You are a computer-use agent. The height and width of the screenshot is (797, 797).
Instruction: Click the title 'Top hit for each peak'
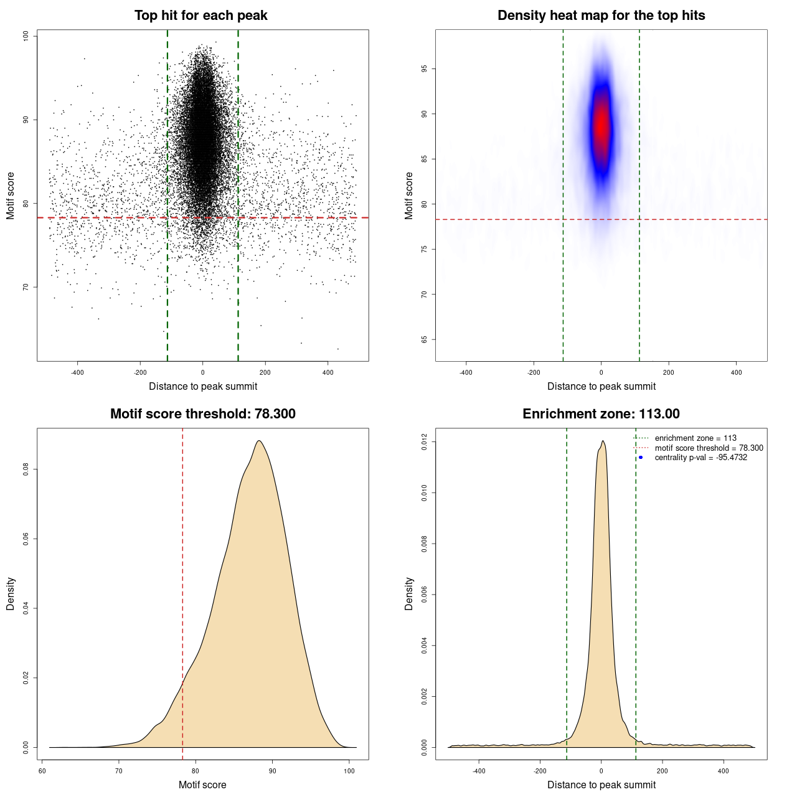point(201,16)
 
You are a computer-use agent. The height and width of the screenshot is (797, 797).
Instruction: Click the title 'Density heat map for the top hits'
point(601,16)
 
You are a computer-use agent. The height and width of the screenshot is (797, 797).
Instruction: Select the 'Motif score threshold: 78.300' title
point(202,414)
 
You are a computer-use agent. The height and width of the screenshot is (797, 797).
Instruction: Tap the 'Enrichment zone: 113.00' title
point(601,414)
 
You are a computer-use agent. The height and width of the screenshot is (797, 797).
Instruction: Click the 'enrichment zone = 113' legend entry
point(696,438)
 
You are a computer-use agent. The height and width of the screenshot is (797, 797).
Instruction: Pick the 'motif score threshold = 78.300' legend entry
point(709,448)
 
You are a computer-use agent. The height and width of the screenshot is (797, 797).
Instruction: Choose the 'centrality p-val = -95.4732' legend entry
point(700,458)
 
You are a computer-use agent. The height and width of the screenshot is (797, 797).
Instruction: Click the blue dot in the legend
point(641,458)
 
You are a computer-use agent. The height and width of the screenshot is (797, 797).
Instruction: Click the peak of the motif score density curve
point(258,441)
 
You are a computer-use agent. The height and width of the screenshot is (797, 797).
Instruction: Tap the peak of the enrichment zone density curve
point(603,441)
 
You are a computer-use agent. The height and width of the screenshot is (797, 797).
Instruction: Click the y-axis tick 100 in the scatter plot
point(26,36)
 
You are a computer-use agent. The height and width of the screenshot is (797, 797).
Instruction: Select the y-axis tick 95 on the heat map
point(425,69)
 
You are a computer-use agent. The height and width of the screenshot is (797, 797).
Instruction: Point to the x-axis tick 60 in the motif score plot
point(42,771)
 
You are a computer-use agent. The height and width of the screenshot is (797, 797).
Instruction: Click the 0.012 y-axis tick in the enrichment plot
point(425,442)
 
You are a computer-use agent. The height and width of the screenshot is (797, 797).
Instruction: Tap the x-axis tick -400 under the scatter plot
point(77,372)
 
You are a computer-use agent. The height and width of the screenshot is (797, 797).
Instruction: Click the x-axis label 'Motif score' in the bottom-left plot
point(202,785)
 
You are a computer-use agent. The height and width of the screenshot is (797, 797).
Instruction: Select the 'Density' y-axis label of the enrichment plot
point(409,593)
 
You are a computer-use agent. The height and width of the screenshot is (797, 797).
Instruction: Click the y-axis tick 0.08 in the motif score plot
point(26,469)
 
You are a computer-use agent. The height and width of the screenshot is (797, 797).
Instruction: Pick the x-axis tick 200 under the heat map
point(669,372)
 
